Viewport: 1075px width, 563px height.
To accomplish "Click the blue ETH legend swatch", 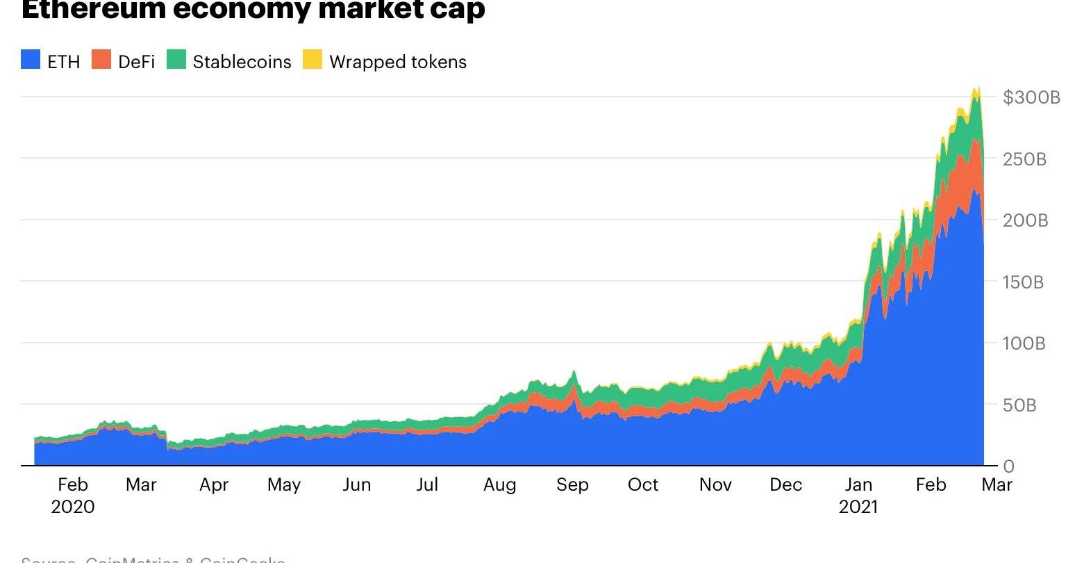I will pos(31,60).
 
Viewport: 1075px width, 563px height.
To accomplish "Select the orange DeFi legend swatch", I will pos(101,60).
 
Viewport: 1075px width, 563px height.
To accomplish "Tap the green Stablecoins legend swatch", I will pos(176,60).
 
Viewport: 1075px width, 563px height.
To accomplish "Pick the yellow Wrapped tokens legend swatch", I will pos(312,60).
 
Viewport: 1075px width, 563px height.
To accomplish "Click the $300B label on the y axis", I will pos(1031,97).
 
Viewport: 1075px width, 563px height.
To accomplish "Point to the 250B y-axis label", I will pos(1024,159).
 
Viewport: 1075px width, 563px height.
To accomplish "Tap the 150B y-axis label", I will pos(1024,282).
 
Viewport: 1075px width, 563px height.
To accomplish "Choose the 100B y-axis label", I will pos(1024,343).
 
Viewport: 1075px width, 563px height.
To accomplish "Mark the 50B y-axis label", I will pos(1019,405).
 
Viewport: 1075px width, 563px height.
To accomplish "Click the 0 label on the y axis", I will pos(1008,466).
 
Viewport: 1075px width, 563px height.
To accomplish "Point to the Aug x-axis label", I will pos(500,485).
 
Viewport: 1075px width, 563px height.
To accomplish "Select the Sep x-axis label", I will pos(572,485).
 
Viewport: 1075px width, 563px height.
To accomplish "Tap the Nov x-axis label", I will pos(715,485).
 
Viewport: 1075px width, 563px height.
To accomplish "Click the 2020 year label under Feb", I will pos(73,507).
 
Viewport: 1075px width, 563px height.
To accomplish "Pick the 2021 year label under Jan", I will pos(858,507).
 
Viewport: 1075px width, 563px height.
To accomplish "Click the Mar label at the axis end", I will pos(997,485).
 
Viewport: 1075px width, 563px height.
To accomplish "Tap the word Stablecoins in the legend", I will pos(242,62).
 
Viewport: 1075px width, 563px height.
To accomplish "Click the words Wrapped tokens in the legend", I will pos(398,62).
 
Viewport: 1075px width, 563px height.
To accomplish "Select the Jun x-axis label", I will pos(356,485).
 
